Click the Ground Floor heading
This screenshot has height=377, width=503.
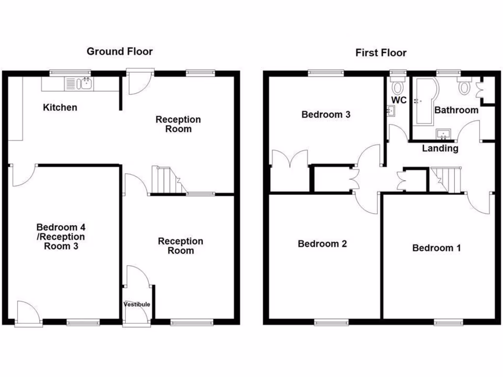point(119,51)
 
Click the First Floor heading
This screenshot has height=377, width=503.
point(381,53)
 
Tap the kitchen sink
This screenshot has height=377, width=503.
point(85,84)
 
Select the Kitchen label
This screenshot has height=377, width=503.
point(59,107)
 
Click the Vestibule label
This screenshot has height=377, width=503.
point(137,304)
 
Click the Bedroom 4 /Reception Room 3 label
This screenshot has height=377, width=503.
point(61,237)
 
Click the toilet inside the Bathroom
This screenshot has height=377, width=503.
point(464,87)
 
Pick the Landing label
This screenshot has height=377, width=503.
point(440,148)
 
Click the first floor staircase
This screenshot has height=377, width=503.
point(446,179)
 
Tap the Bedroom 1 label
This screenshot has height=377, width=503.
point(436,248)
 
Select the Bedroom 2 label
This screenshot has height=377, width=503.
point(322,243)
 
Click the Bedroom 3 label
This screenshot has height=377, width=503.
point(326,114)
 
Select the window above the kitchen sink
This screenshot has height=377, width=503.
point(66,73)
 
